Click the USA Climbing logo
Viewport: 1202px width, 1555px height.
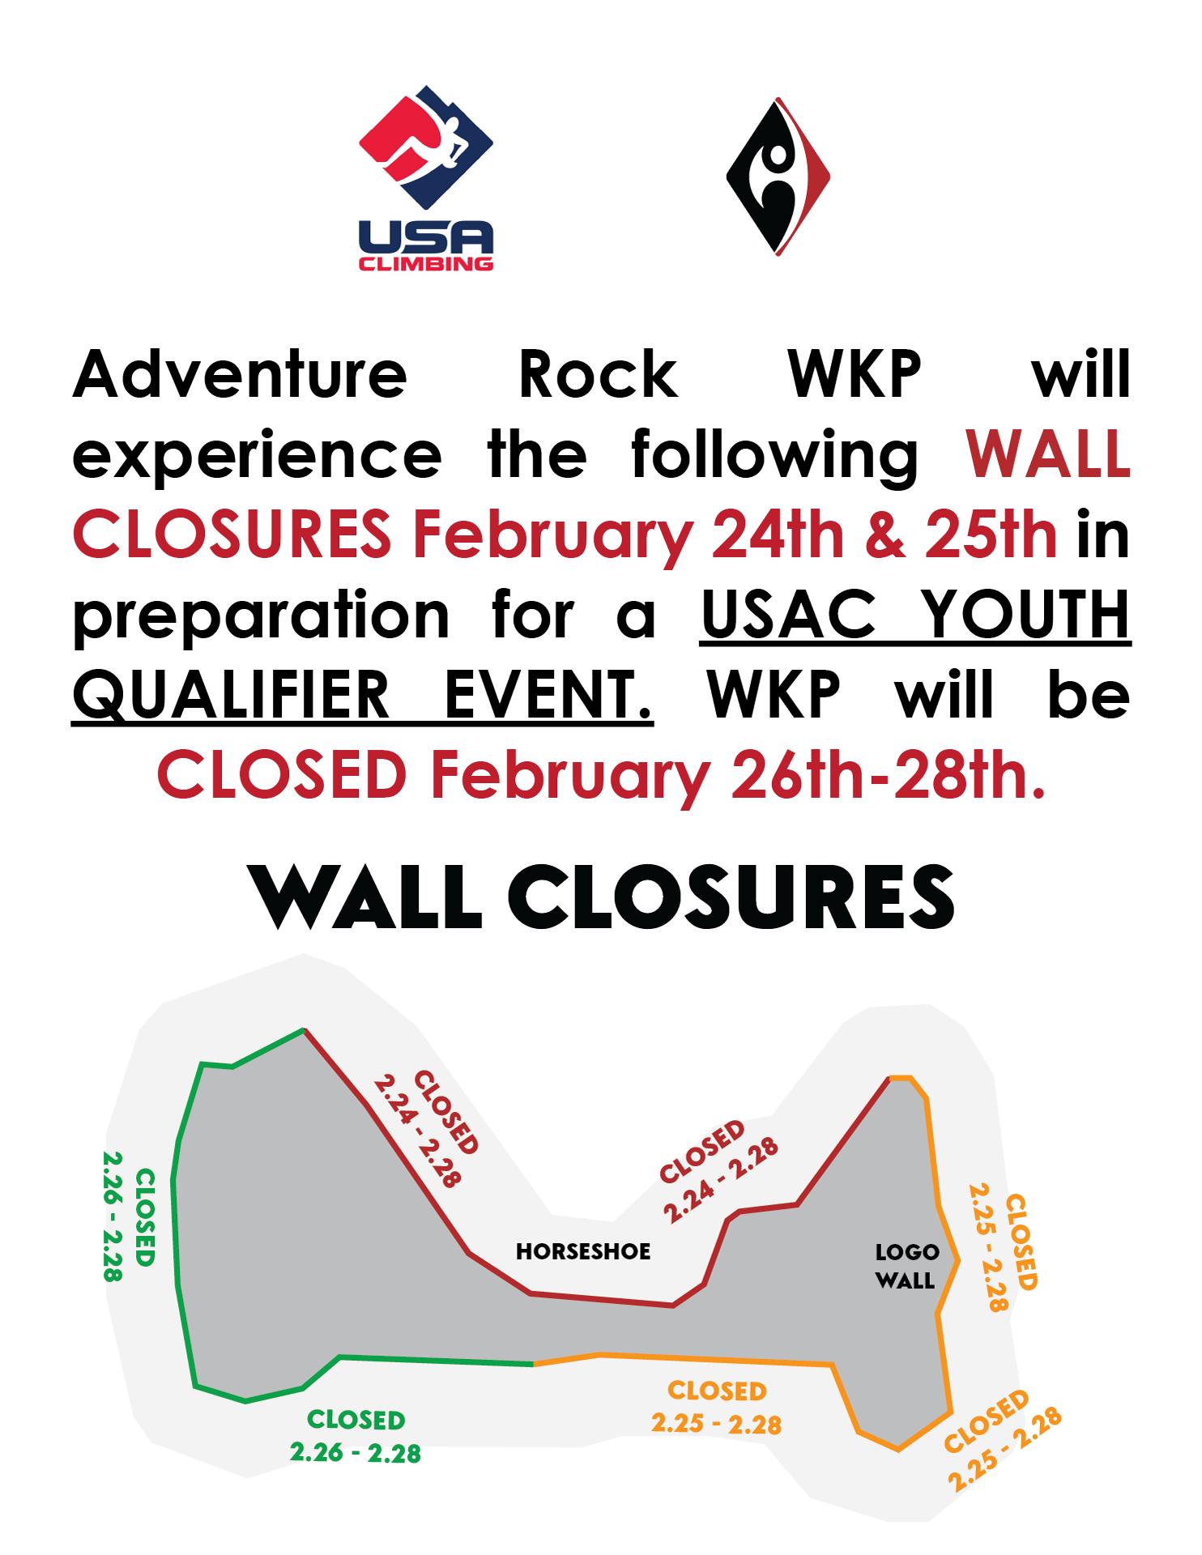coord(426,178)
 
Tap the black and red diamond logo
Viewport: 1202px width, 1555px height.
coord(778,177)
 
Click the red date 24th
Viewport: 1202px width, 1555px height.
coord(778,535)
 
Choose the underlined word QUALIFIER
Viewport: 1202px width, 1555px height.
coord(232,695)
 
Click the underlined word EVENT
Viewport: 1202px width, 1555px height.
coord(548,695)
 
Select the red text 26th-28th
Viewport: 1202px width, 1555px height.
coord(889,774)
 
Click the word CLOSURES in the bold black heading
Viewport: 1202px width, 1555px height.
coord(731,897)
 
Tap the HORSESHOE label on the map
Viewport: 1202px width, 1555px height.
coord(583,1251)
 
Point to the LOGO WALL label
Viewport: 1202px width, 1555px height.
coord(906,1266)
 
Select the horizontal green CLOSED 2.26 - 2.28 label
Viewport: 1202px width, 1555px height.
coord(356,1436)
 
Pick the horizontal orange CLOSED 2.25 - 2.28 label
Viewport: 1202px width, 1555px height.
coord(717,1407)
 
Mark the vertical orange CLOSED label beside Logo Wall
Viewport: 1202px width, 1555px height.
coord(1003,1247)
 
